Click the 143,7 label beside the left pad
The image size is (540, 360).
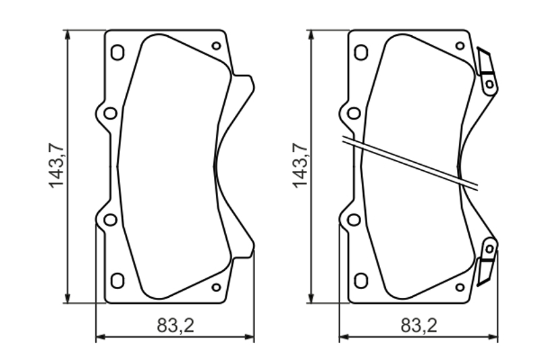point(56,165)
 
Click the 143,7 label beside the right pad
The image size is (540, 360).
point(300,165)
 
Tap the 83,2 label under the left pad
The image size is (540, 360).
point(175,325)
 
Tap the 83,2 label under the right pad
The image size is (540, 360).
point(419,325)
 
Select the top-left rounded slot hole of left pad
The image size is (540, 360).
point(117,53)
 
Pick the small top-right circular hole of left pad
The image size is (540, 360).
point(216,46)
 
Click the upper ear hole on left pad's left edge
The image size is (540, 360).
point(111,113)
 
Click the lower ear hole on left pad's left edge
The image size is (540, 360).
point(111,220)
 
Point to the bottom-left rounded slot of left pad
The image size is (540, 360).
point(117,280)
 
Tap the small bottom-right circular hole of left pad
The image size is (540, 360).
point(216,287)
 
